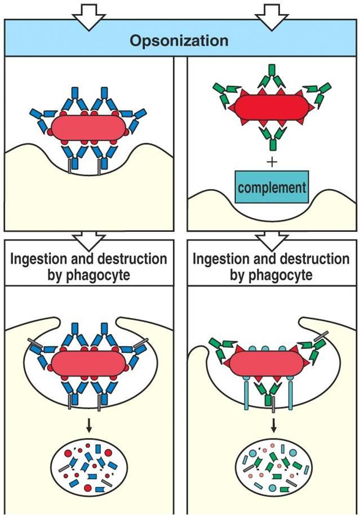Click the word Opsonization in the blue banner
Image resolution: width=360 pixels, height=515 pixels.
tap(179, 41)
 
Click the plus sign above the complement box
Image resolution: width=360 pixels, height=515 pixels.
tap(273, 162)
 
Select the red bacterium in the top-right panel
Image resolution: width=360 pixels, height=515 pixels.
tap(272, 107)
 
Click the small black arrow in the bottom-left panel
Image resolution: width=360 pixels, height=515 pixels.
tap(88, 426)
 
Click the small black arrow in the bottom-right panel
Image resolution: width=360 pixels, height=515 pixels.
tap(273, 426)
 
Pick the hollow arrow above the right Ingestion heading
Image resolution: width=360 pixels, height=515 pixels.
tap(273, 239)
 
